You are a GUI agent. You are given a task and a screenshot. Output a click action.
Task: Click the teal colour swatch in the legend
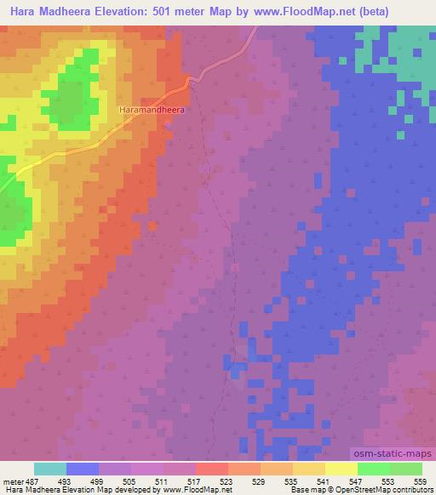click(x=50, y=469)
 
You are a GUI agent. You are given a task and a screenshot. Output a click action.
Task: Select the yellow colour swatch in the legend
click(x=341, y=469)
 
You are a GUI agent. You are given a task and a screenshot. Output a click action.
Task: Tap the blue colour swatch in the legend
click(x=83, y=469)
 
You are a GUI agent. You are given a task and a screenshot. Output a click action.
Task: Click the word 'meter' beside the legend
click(x=12, y=481)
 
